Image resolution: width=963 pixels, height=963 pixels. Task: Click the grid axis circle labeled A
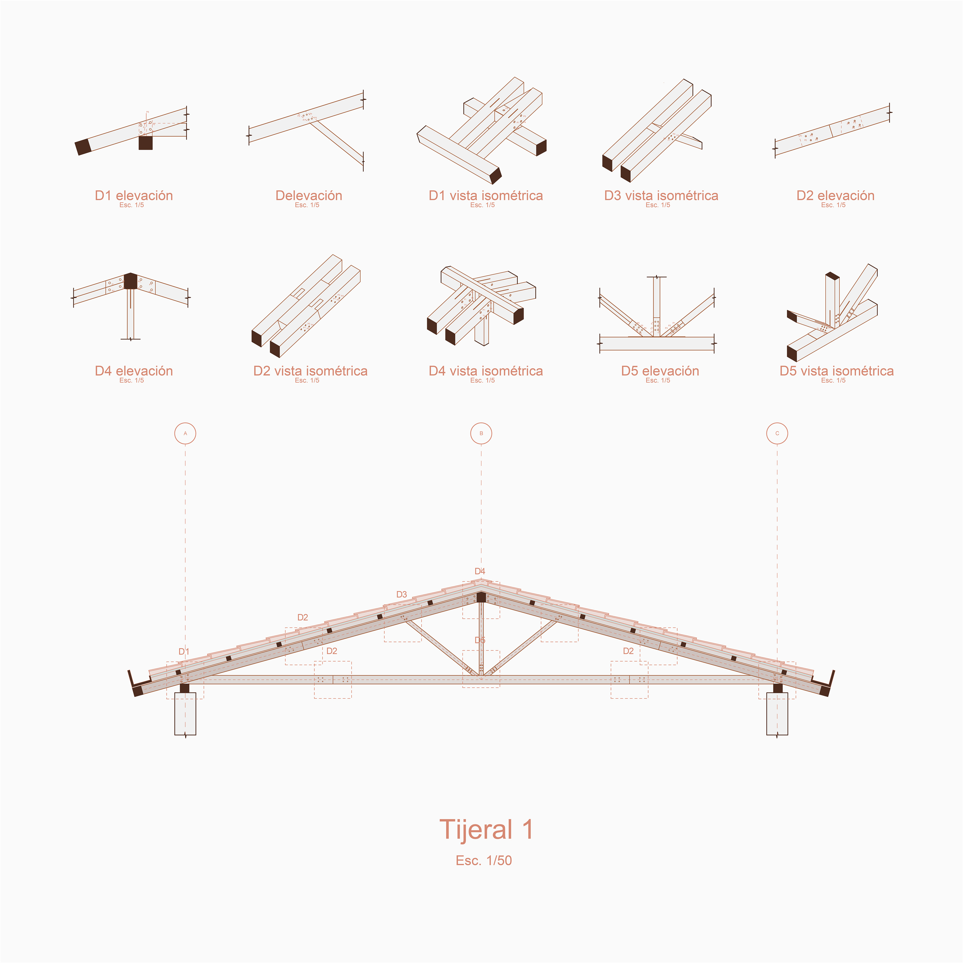point(185,433)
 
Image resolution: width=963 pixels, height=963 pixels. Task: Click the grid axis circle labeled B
point(481,433)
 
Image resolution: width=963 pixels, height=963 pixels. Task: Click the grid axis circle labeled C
point(777,433)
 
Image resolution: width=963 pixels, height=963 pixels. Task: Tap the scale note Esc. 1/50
point(484,860)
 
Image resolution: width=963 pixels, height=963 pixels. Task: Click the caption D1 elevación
point(134,195)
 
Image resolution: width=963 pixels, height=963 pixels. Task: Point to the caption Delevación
point(308,195)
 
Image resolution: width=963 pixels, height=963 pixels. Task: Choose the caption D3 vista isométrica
point(661,195)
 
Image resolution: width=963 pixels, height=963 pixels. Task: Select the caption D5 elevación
point(660,371)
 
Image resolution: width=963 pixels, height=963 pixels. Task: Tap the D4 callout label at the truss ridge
point(479,571)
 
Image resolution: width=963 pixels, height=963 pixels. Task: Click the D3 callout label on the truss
point(401,594)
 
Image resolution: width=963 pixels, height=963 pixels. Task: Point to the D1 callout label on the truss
point(183,652)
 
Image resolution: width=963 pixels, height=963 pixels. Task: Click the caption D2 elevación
point(835,195)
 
